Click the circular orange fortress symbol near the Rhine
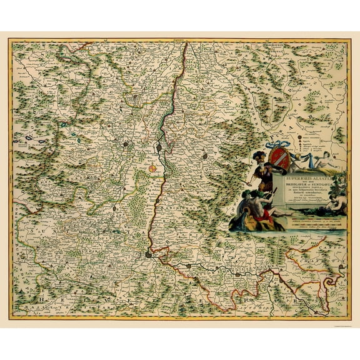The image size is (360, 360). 153,168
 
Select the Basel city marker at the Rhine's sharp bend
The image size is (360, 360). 148,254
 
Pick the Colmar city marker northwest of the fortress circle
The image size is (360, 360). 127,146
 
